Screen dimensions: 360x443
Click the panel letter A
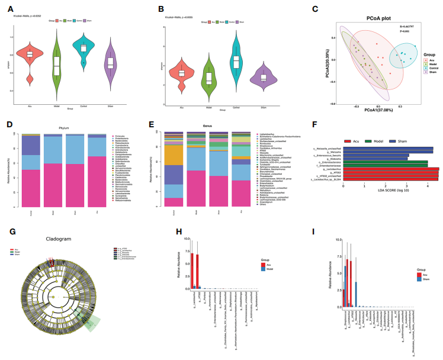9,10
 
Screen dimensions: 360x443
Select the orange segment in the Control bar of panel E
173,155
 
